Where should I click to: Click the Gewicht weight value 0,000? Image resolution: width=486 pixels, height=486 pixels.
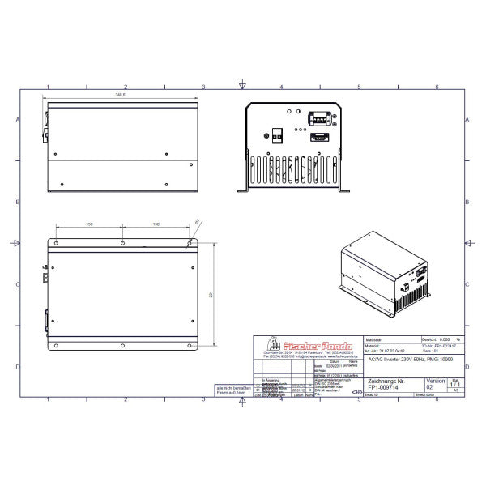(x=441, y=339)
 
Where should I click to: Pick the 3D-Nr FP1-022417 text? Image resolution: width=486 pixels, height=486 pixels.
(x=437, y=346)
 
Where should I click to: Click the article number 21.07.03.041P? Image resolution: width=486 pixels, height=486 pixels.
(x=397, y=352)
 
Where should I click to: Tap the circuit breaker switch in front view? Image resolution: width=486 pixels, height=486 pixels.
(x=275, y=136)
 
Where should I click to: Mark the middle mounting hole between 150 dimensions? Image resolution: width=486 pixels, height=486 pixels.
(x=122, y=242)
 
